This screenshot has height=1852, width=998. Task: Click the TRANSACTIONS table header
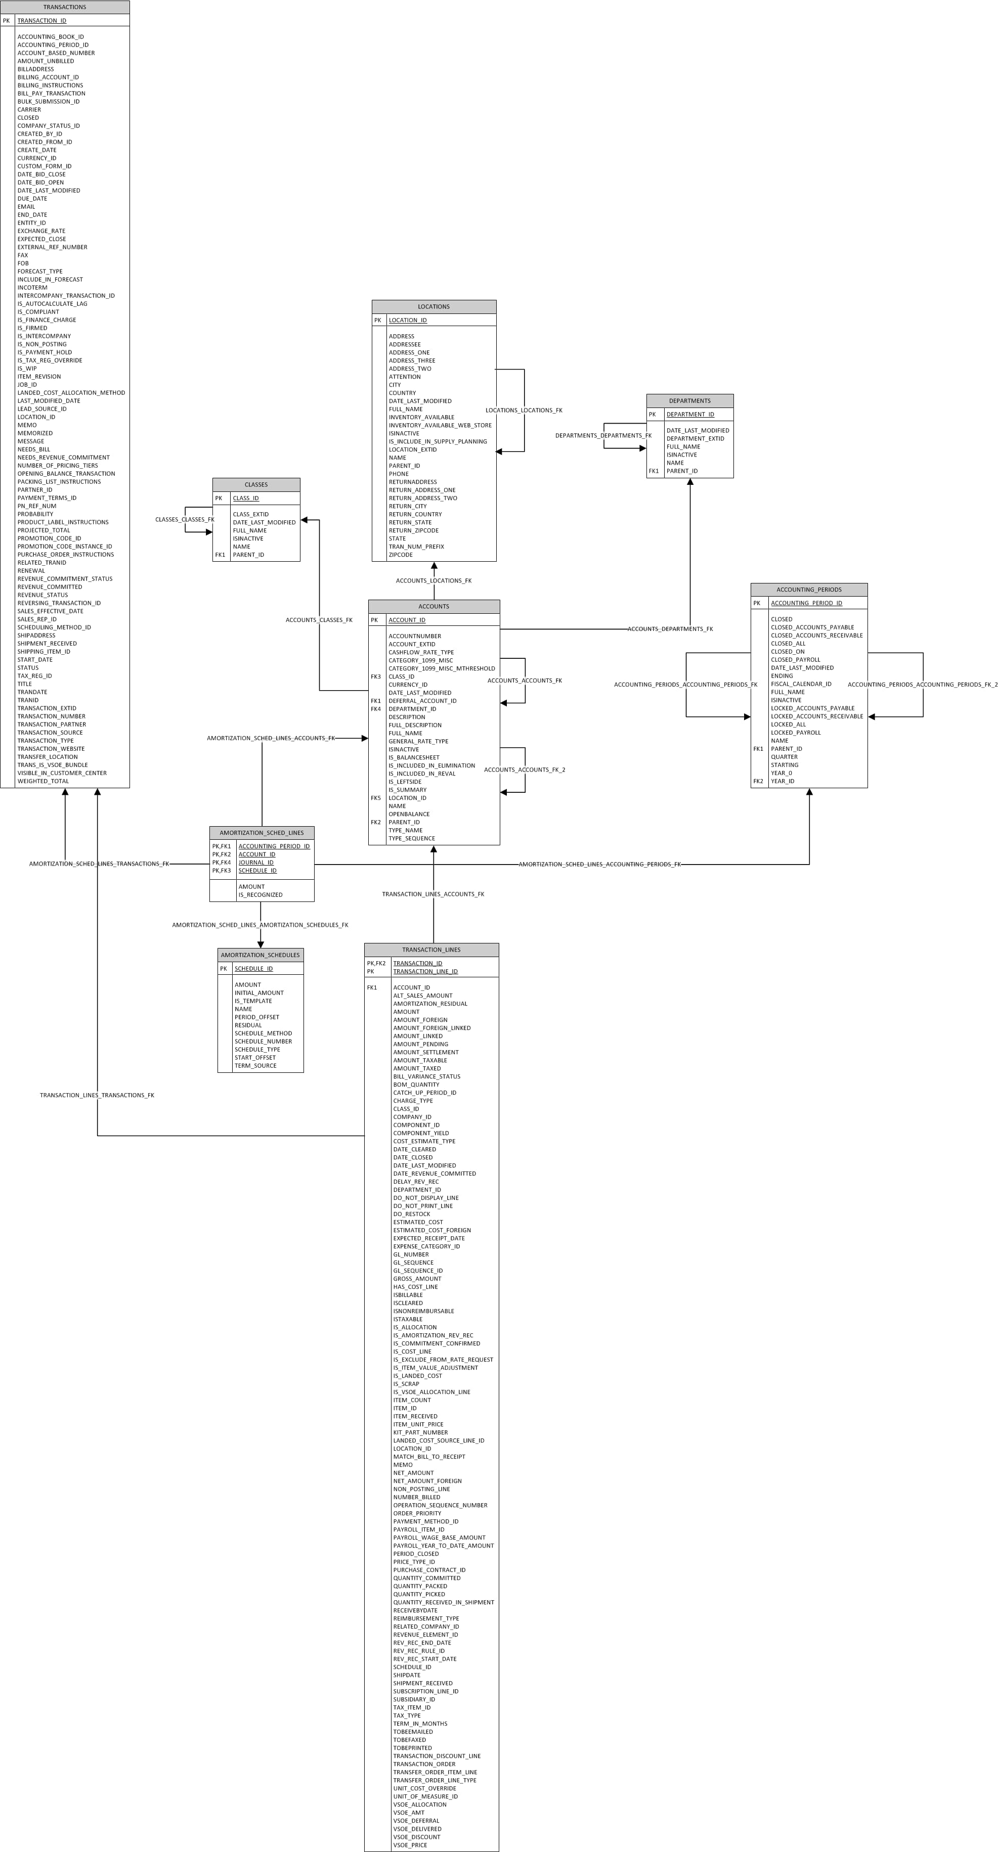pos(65,7)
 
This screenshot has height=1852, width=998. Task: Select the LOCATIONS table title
pos(433,307)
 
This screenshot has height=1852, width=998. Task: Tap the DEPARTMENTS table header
pos(689,401)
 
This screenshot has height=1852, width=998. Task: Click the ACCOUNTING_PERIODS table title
pos(809,590)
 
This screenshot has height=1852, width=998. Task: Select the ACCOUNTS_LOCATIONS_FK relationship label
pos(433,581)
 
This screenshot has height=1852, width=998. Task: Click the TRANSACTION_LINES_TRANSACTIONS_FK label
pos(97,1096)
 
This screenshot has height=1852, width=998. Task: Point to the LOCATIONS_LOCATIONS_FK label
pos(524,411)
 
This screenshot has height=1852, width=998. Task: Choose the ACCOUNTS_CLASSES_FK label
pos(319,620)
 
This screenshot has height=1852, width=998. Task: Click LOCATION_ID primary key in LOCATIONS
pos(408,321)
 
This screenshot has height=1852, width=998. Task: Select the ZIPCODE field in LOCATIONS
pos(401,555)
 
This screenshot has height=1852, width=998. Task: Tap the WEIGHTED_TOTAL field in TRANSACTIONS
pos(43,782)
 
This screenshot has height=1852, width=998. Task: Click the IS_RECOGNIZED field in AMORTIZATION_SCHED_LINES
pos(261,895)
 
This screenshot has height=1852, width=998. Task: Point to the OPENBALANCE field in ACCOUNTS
pos(409,815)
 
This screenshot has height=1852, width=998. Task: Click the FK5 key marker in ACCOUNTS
pos(376,798)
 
